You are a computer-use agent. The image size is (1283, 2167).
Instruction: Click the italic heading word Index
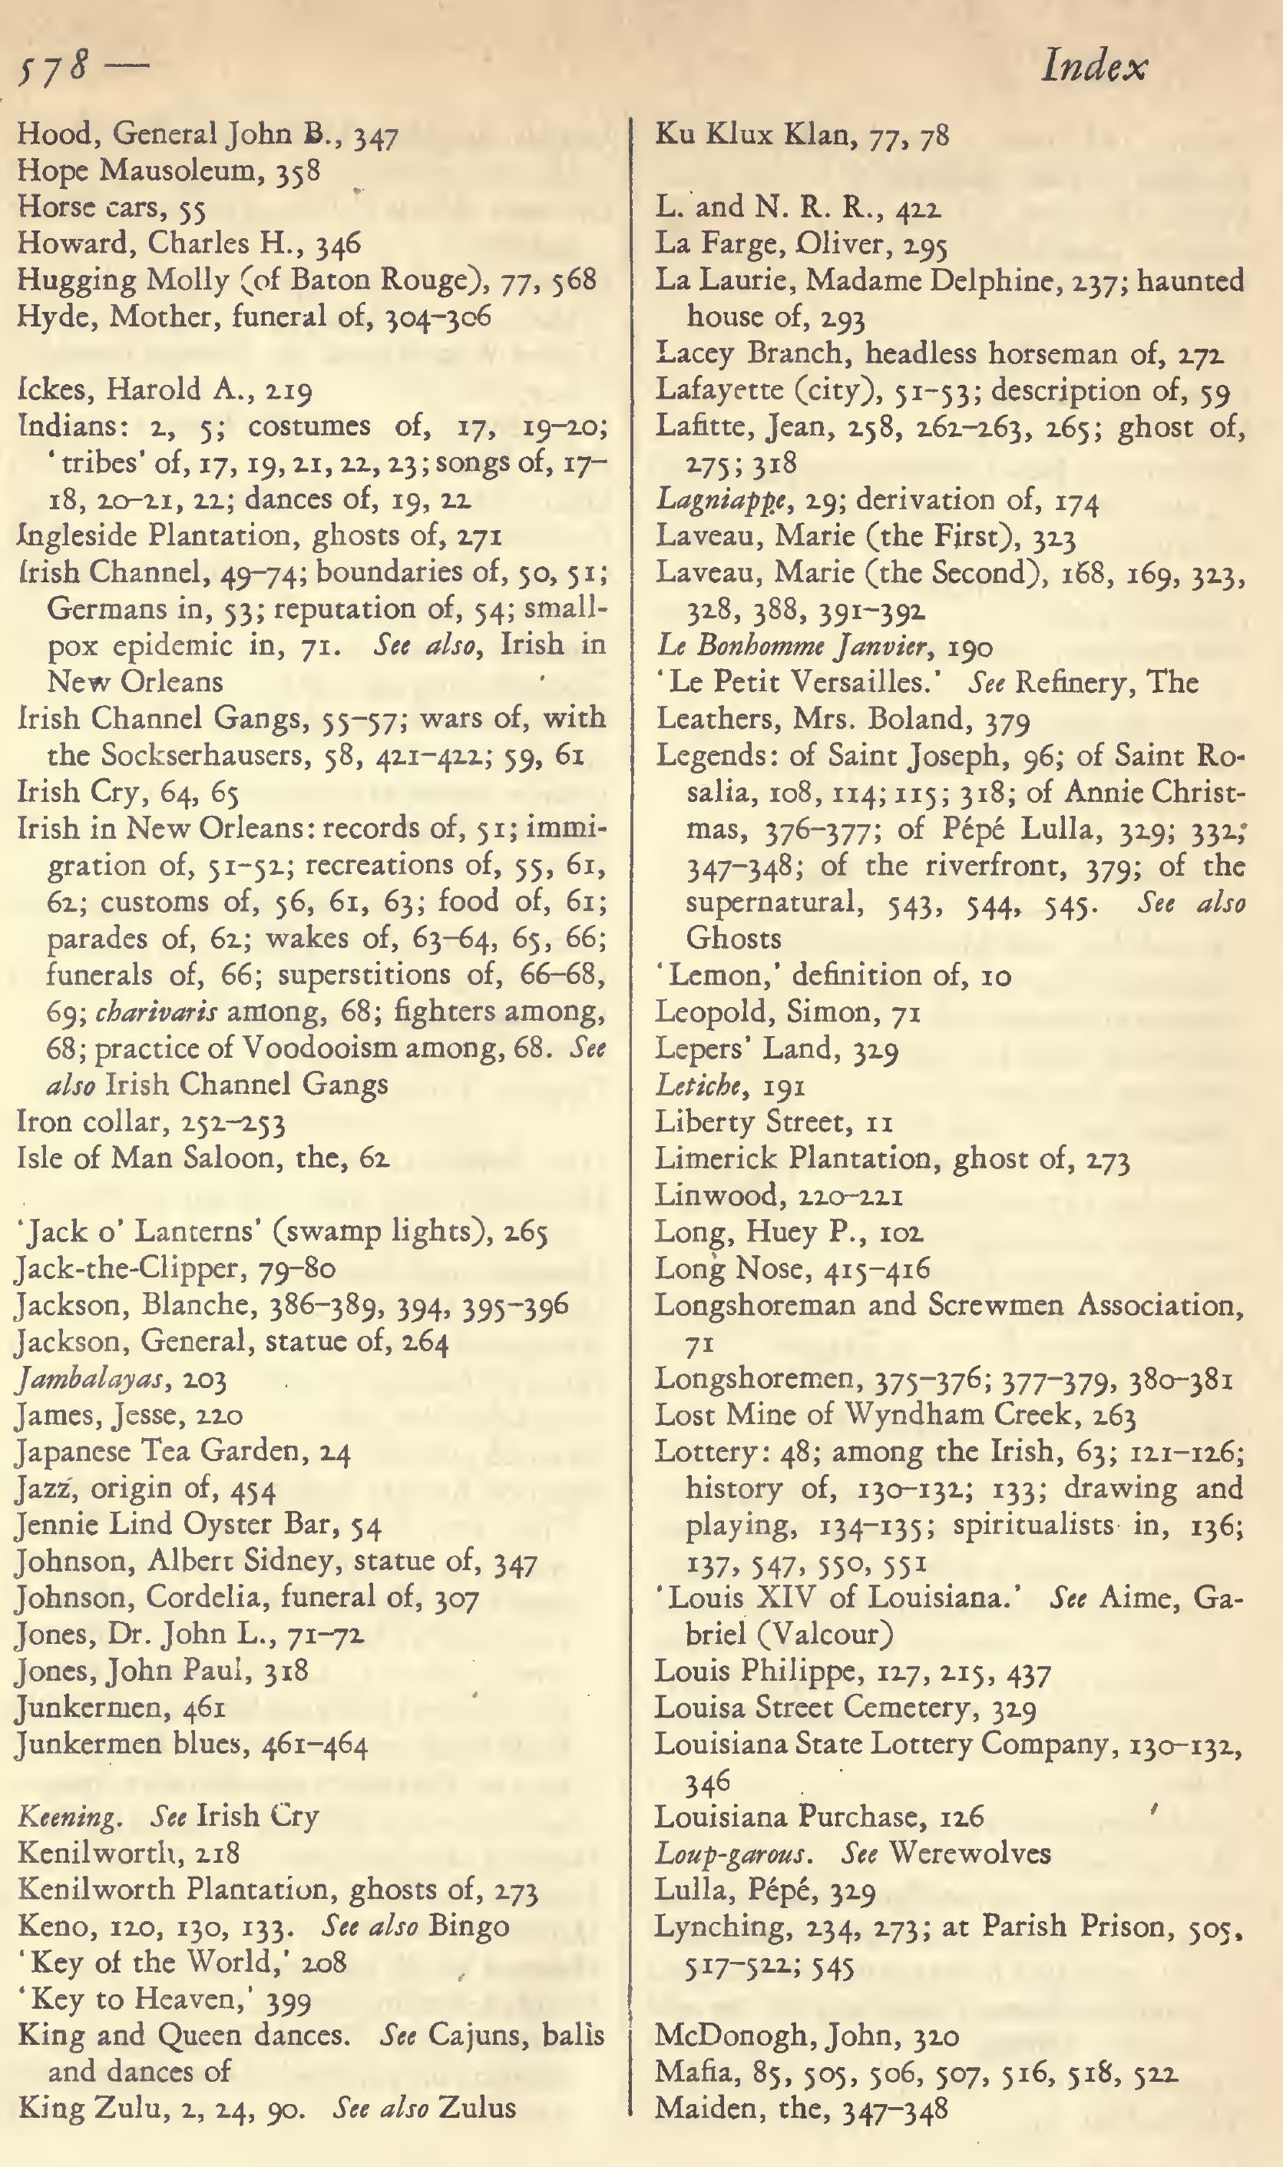tap(1095, 68)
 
